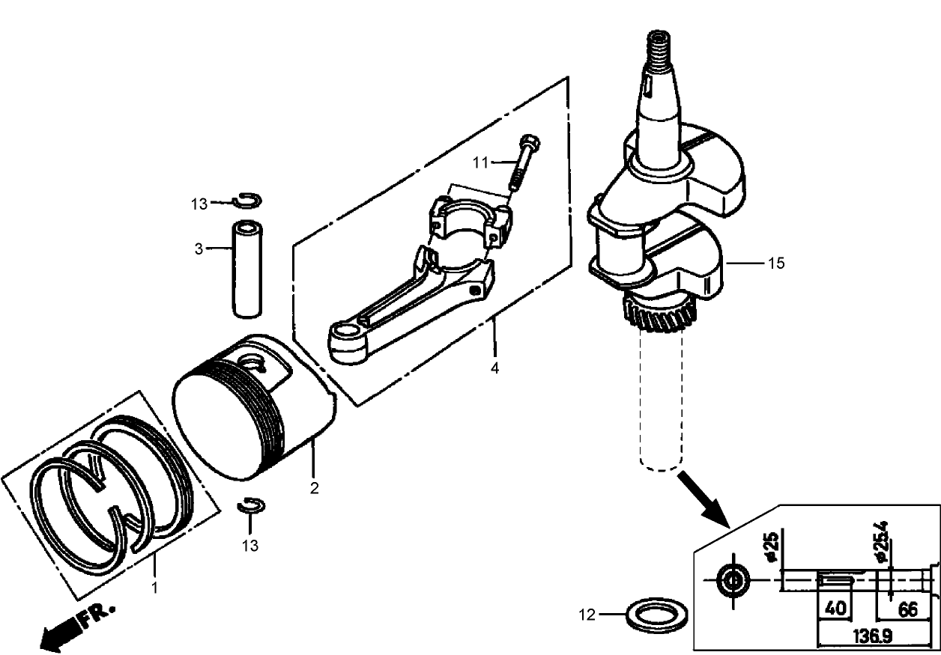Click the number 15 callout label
tap(776, 264)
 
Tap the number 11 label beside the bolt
tap(479, 162)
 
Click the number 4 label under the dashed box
tap(494, 368)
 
